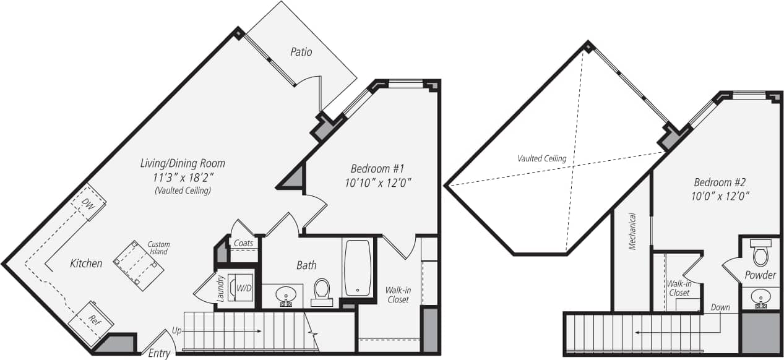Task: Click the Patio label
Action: coord(301,52)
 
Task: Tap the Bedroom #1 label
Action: coord(377,168)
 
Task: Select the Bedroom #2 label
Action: coord(721,182)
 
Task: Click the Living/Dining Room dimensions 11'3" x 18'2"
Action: coord(183,177)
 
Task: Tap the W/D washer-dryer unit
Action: coord(240,288)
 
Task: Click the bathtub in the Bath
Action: coord(358,267)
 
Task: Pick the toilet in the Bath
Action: coord(322,290)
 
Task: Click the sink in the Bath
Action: coord(285,294)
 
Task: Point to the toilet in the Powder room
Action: coord(759,253)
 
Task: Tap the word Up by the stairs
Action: coord(177,331)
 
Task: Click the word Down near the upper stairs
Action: coord(720,307)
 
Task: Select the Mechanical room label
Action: coord(632,231)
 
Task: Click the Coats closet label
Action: coord(243,243)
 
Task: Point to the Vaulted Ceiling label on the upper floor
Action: coord(542,158)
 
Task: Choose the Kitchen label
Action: coord(86,264)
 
